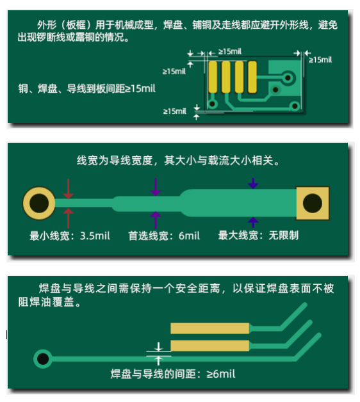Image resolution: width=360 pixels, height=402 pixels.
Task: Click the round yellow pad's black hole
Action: pyautogui.click(x=39, y=204)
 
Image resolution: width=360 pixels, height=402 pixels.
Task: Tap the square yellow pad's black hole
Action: pyautogui.click(x=312, y=204)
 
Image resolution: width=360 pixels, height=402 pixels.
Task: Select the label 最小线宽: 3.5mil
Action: pyautogui.click(x=70, y=236)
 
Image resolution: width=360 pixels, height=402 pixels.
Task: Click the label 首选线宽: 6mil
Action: pyautogui.click(x=164, y=236)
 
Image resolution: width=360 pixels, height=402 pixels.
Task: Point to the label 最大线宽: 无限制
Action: pyautogui.click(x=258, y=236)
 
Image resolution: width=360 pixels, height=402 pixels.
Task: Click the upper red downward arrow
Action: pyautogui.click(x=69, y=189)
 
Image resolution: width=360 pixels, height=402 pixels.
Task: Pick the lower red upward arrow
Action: pyautogui.click(x=69, y=218)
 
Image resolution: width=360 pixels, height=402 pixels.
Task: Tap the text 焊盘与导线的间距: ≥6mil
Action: pyautogui.click(x=173, y=374)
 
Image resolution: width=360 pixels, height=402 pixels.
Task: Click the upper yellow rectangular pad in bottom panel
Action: pyautogui.click(x=210, y=328)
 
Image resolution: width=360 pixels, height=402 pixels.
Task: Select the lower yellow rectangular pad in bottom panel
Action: pyautogui.click(x=210, y=346)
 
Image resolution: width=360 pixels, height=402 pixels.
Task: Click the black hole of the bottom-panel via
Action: pyautogui.click(x=43, y=359)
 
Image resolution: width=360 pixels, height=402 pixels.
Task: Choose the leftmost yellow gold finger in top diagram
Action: pyautogui.click(x=213, y=77)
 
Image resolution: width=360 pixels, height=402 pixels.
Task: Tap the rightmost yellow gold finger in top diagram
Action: pyautogui.click(x=252, y=77)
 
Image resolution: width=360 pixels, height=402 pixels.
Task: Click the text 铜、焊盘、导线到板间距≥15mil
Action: pyautogui.click(x=86, y=89)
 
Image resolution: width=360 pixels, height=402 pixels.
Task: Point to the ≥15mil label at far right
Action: pyautogui.click(x=320, y=60)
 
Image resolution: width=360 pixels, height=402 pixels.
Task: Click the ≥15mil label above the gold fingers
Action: pyautogui.click(x=230, y=52)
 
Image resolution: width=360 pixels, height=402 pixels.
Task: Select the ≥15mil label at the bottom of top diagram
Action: pyautogui.click(x=175, y=111)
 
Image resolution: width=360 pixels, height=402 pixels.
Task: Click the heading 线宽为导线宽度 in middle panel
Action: pyautogui.click(x=115, y=161)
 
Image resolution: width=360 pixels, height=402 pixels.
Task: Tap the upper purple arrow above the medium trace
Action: pyautogui.click(x=156, y=187)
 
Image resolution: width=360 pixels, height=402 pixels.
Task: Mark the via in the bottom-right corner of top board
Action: pyautogui.click(x=295, y=106)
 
